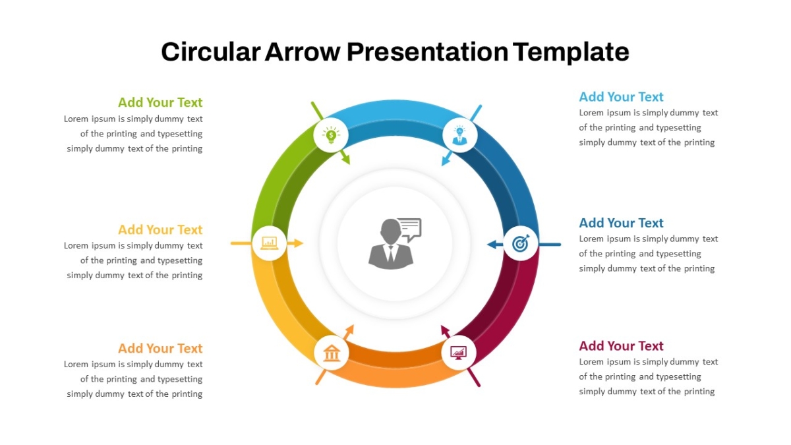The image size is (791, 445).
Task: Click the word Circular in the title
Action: click(211, 52)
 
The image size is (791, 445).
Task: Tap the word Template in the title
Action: click(571, 53)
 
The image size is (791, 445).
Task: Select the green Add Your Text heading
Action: click(160, 102)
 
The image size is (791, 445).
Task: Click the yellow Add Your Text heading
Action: click(160, 229)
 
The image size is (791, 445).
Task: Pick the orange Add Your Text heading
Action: click(160, 348)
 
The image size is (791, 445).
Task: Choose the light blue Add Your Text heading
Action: click(621, 97)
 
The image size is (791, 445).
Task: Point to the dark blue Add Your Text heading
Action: click(621, 223)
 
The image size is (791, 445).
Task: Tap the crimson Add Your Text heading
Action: click(621, 345)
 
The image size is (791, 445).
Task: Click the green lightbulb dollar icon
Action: click(331, 135)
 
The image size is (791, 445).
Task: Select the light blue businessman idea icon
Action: click(460, 135)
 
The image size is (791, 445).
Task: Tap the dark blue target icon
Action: click(521, 243)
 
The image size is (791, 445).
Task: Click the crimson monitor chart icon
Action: click(458, 353)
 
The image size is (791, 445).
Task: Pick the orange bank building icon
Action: click(332, 353)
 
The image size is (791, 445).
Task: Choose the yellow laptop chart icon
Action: click(269, 243)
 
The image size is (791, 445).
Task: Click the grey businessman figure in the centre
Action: click(390, 244)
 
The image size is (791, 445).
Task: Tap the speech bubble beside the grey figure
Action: click(410, 229)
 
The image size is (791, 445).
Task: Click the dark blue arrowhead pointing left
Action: click(492, 244)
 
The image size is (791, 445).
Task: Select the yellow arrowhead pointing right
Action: click(299, 243)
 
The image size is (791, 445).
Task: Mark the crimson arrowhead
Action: click(445, 330)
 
